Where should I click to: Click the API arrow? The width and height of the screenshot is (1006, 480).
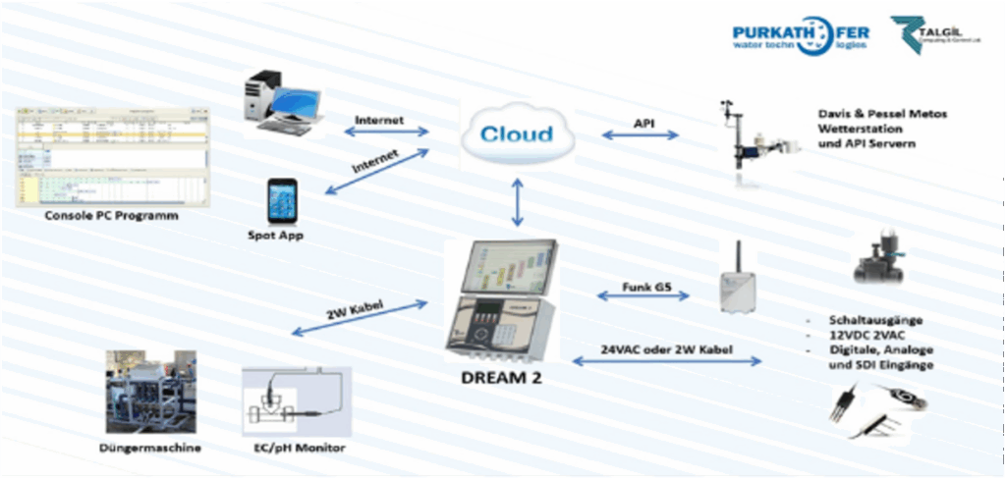641,134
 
